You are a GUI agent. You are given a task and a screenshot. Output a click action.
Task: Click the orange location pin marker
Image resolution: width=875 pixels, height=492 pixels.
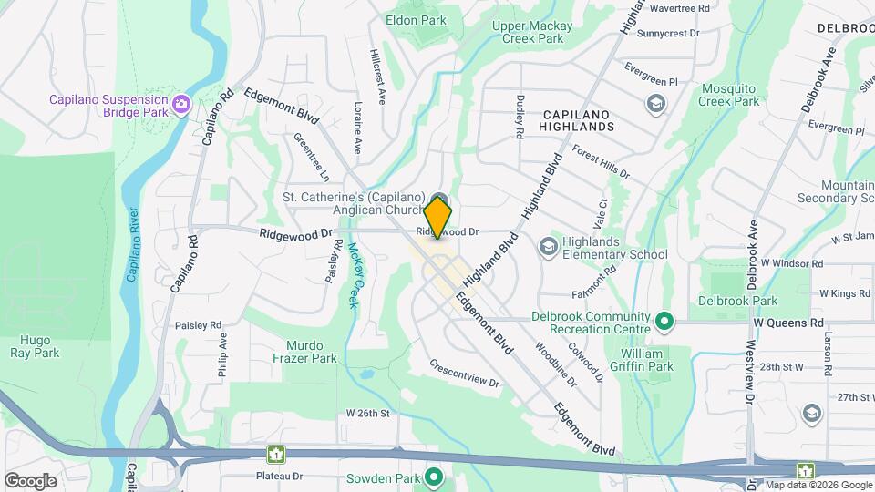pos(438,217)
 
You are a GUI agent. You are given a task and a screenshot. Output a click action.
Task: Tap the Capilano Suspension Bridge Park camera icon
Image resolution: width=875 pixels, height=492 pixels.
pos(182,105)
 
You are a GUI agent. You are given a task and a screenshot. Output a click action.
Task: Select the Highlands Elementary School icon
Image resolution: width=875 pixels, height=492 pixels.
pos(548,247)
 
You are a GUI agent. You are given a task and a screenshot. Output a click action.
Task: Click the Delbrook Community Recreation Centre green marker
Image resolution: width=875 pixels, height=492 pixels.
pos(664,322)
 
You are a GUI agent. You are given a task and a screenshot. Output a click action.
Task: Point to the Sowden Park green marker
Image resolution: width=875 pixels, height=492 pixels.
pos(435,477)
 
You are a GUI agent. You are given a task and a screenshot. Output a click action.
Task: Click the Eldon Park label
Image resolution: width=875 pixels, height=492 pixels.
pos(416,19)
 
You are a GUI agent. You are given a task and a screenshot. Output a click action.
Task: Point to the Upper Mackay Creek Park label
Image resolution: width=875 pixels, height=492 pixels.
pos(540,32)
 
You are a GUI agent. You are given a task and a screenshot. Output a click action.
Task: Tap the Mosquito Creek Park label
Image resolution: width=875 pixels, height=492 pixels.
pos(729,95)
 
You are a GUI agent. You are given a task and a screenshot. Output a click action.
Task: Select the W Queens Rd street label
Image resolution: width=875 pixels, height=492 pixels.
pos(788,323)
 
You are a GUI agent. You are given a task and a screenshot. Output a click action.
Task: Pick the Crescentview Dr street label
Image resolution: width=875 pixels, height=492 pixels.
pos(467,373)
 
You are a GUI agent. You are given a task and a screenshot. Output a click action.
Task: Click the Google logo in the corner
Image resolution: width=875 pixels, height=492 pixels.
pos(30,481)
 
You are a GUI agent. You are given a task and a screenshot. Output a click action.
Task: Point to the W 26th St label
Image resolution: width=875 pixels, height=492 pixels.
pos(367,413)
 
